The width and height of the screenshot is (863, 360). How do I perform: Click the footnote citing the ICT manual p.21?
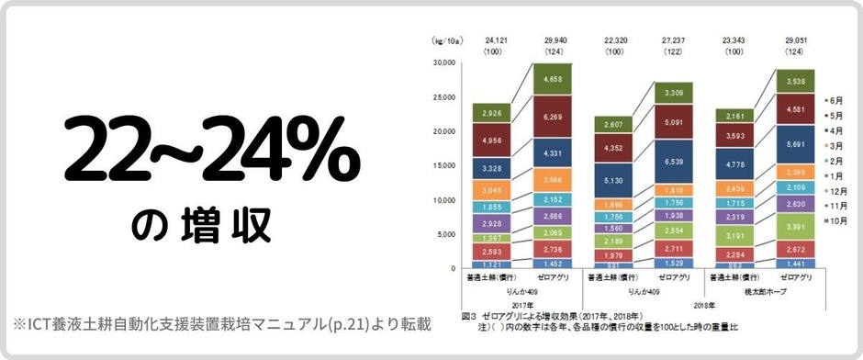[x=220, y=324]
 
